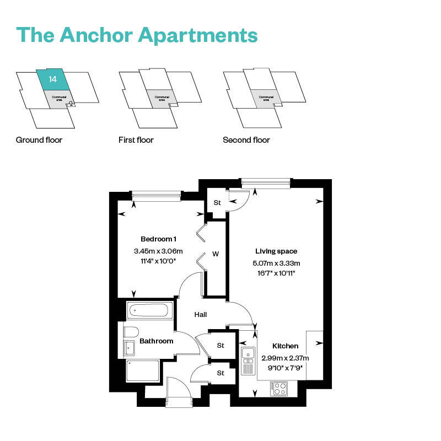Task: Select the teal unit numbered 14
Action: click(53, 80)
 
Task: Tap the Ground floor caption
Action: click(39, 140)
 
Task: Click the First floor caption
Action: click(136, 140)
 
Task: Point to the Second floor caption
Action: click(246, 140)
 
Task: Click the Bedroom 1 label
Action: click(159, 239)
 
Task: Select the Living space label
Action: click(276, 251)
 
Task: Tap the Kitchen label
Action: click(285, 346)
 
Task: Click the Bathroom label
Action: click(156, 341)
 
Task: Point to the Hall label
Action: click(201, 315)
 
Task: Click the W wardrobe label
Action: click(216, 254)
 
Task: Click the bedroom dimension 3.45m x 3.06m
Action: click(158, 251)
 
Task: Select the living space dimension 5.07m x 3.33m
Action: click(276, 262)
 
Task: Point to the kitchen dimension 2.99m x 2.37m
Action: click(285, 357)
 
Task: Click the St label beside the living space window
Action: click(217, 203)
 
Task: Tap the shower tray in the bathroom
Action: click(142, 370)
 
